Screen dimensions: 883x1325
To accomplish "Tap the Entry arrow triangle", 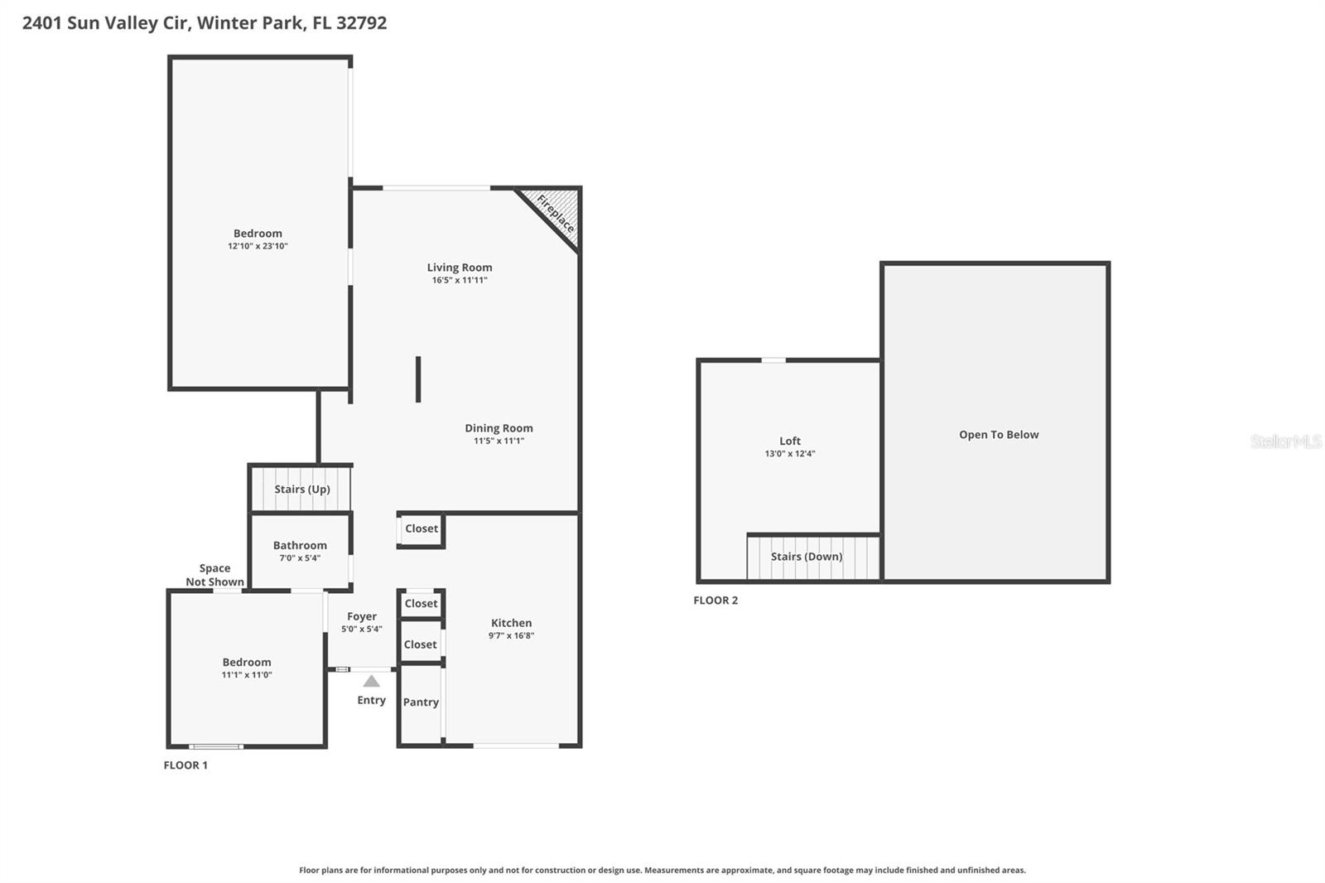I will pyautogui.click(x=372, y=681).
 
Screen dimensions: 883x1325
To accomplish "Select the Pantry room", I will pyautogui.click(x=421, y=702).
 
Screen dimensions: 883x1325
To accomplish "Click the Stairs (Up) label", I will pyautogui.click(x=302, y=490).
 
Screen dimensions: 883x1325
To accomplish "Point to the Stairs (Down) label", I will pyautogui.click(x=807, y=557).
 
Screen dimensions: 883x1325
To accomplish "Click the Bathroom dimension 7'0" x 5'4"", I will pyautogui.click(x=300, y=558).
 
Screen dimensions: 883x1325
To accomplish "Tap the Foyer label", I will pyautogui.click(x=362, y=616).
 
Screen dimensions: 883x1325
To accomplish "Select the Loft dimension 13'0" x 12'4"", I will pyautogui.click(x=790, y=454).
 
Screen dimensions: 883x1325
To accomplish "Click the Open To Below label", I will pyautogui.click(x=999, y=435).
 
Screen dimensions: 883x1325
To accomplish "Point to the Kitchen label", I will pyautogui.click(x=511, y=623).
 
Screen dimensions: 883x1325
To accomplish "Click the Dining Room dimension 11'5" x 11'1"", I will pyautogui.click(x=499, y=441).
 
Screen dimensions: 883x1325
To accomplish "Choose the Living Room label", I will pyautogui.click(x=460, y=268).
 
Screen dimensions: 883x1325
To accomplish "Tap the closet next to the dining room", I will pyautogui.click(x=422, y=529).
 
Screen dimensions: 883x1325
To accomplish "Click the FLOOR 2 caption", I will pyautogui.click(x=715, y=601).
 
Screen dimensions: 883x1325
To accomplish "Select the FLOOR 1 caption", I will pyautogui.click(x=185, y=765).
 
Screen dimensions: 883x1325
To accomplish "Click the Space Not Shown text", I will pyautogui.click(x=214, y=575).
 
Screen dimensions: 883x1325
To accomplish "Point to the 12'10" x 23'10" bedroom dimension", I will pyautogui.click(x=258, y=246).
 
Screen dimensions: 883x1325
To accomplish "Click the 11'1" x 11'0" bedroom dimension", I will pyautogui.click(x=247, y=675).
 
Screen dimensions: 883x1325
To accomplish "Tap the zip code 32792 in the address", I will pyautogui.click(x=361, y=23).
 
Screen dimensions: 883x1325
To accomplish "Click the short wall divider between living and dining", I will pyautogui.click(x=418, y=379).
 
